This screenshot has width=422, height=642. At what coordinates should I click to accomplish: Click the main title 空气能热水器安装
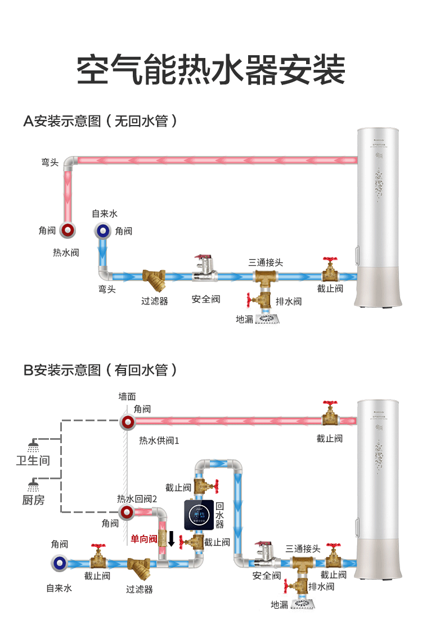(210, 69)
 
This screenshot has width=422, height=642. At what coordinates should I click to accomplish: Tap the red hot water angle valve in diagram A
(68, 230)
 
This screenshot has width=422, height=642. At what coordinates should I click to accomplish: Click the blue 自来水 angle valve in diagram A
(103, 230)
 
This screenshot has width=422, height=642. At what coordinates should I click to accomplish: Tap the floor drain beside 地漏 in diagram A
(267, 319)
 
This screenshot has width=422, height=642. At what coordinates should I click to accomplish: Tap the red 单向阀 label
(143, 539)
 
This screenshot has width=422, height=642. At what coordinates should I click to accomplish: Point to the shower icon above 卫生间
(34, 445)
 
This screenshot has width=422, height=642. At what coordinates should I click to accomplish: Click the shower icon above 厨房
(34, 485)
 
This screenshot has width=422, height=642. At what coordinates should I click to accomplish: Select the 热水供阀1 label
(159, 440)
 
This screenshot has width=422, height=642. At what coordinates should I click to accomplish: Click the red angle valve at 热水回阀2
(127, 512)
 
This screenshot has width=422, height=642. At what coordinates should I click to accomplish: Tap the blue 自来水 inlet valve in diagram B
(59, 563)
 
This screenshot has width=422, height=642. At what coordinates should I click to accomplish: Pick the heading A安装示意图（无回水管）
(101, 121)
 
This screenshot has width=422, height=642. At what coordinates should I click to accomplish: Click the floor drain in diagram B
(302, 603)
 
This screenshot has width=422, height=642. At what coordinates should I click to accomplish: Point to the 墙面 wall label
(127, 396)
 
